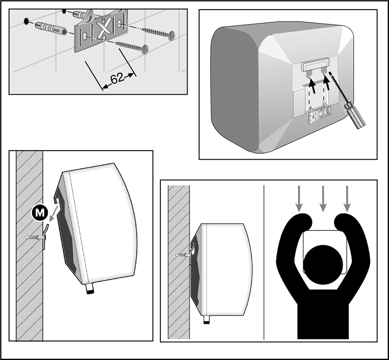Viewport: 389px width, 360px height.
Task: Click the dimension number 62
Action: (x=117, y=79)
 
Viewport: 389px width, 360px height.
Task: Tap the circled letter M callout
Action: (x=40, y=212)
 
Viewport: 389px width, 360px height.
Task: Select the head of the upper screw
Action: (x=172, y=35)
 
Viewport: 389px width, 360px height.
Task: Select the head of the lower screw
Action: (x=145, y=49)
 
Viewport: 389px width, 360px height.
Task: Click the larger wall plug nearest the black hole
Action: (x=51, y=29)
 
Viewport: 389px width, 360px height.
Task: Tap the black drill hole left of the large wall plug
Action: (x=26, y=22)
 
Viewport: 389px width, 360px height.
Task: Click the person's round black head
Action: (x=323, y=265)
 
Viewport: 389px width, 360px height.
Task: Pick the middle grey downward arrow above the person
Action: (x=323, y=198)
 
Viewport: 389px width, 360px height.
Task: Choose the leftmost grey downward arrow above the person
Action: (x=299, y=198)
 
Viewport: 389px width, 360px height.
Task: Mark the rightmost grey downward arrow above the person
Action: (x=347, y=198)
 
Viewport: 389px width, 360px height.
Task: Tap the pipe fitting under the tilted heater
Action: (x=90, y=289)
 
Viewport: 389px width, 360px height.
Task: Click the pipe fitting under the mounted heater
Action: (x=206, y=319)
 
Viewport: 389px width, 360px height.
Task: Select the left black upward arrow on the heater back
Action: (x=312, y=85)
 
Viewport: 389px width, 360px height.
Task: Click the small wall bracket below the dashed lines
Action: (x=320, y=115)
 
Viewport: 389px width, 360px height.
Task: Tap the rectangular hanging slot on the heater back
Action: (x=315, y=65)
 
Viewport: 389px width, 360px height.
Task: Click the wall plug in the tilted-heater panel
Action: (x=35, y=238)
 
